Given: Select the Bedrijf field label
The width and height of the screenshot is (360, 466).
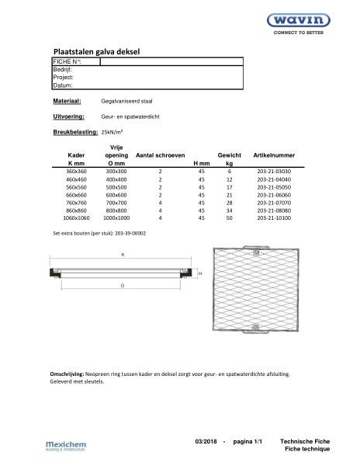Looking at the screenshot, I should coord(62,69).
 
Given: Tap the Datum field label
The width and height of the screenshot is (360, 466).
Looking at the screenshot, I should coord(62,85).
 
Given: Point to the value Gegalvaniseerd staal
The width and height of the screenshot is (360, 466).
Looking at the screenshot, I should coord(125,101).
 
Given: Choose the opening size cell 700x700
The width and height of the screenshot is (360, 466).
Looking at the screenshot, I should coord(116,203).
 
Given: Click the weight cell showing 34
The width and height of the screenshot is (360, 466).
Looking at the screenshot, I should coord(230,210).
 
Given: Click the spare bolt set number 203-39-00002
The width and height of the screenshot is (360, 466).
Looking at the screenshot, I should coord(126,232).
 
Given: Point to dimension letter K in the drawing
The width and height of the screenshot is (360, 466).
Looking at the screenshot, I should coord(122,254).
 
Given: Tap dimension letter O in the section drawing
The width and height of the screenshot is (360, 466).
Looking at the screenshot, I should coord(122,285).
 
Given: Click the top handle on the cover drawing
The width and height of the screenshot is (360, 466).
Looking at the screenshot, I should coord(253,250).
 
